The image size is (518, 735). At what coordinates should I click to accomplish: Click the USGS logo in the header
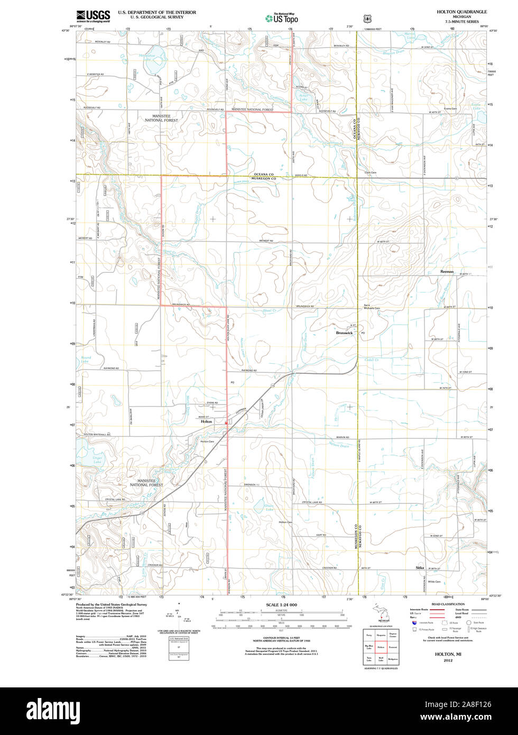coord(93,16)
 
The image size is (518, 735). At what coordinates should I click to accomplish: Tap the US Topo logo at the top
coord(282,18)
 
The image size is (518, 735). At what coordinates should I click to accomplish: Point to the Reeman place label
coord(447,271)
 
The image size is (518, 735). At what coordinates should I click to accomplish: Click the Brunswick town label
coord(344,333)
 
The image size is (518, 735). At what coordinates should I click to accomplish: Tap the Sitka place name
coord(420,568)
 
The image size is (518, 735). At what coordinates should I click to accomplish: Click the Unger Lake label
coord(97,460)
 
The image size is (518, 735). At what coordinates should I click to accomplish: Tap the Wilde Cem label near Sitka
coord(434,582)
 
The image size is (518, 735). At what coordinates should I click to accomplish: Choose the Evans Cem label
coord(450,108)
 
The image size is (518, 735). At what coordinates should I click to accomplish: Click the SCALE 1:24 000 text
coord(281,604)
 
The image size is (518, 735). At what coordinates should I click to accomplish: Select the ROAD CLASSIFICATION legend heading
coord(448,604)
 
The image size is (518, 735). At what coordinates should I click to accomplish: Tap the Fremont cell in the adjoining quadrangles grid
coord(393,646)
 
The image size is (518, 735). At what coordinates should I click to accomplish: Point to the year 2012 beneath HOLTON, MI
coord(448,660)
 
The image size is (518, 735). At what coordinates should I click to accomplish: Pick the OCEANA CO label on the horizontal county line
coord(264,174)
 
